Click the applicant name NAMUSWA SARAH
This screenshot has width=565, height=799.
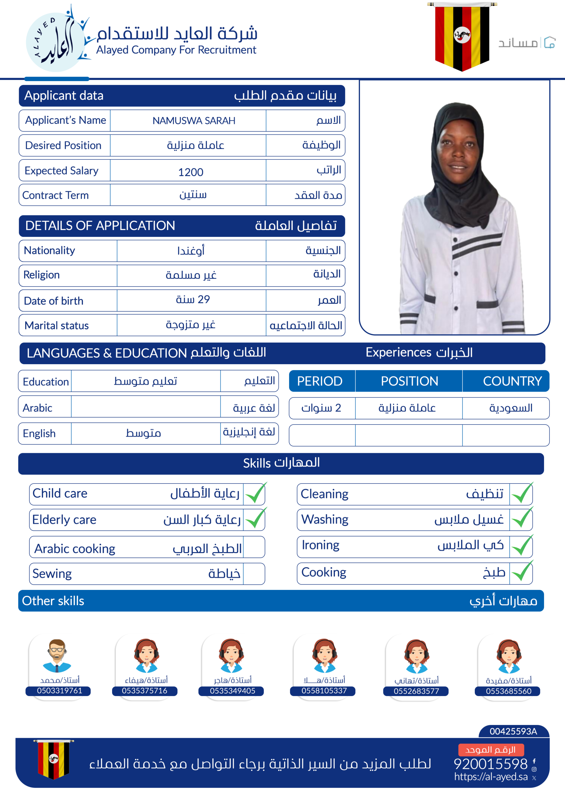(194, 121)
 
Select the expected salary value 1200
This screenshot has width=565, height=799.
(190, 172)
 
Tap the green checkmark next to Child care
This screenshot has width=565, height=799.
(255, 493)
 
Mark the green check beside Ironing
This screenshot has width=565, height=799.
(522, 546)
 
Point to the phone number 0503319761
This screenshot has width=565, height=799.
(60, 691)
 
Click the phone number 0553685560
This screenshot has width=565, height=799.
(508, 691)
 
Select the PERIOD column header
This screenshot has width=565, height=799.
(320, 381)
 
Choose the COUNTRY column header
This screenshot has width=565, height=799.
(512, 381)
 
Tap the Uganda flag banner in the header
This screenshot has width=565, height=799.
(462, 36)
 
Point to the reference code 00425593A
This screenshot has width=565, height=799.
(513, 731)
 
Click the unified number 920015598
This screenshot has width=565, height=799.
(490, 764)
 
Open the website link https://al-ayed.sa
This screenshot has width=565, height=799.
(490, 777)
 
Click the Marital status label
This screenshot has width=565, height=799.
(57, 326)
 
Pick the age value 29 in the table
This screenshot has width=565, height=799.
(193, 299)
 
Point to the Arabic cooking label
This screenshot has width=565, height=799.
(75, 549)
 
